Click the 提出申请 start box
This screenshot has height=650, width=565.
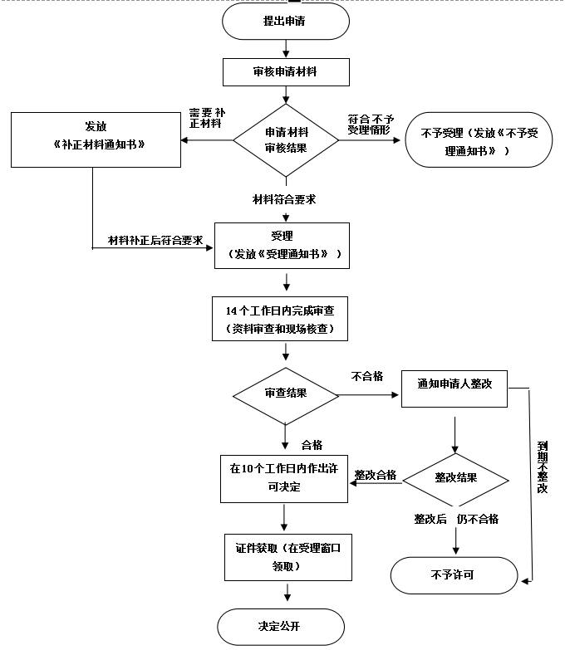pos(284,22)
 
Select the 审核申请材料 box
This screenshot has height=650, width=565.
pos(284,72)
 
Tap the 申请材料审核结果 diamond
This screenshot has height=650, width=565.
pos(286,139)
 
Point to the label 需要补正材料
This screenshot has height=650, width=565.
pos(206,118)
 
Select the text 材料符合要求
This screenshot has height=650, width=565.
pos(284,199)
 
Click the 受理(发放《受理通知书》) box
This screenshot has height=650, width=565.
pos(282,245)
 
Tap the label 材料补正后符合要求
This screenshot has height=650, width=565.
pos(156,241)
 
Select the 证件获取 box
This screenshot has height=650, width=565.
pos(283,557)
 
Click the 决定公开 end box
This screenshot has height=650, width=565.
pos(280,626)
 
